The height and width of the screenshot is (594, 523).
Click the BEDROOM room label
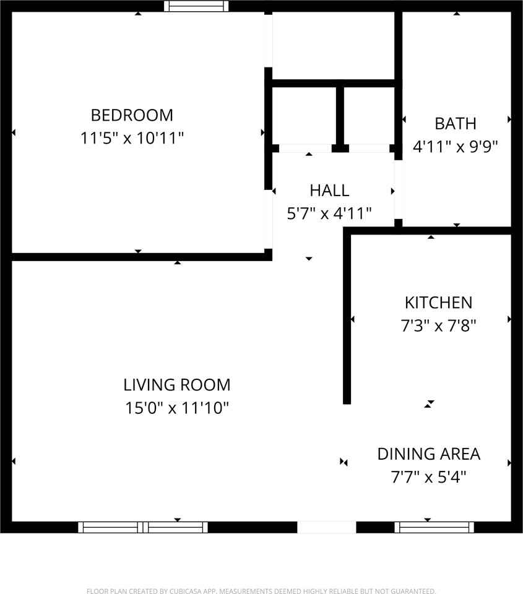click(132, 115)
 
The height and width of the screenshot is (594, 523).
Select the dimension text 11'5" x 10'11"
click(132, 138)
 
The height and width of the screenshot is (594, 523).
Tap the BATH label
click(456, 124)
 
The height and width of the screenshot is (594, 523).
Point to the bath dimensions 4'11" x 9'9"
click(456, 147)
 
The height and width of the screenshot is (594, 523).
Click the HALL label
click(329, 191)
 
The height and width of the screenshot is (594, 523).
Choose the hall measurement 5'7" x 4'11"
click(329, 213)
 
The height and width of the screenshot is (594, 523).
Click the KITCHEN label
click(438, 303)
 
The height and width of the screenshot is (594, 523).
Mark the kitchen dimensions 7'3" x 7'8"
click(438, 325)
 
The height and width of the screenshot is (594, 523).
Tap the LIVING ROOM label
click(177, 385)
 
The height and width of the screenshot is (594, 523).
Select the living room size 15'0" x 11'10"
click(177, 408)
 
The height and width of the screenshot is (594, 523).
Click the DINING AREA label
click(429, 454)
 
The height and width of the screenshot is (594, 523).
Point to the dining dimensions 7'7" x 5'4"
click(429, 477)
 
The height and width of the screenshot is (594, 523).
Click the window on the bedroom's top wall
click(196, 6)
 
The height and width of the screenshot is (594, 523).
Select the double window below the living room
click(143, 527)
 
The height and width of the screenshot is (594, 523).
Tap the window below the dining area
click(434, 527)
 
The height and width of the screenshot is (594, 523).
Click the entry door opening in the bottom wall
click(327, 527)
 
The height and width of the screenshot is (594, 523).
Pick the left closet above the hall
click(304, 116)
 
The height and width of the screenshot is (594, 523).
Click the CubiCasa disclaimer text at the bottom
click(261, 591)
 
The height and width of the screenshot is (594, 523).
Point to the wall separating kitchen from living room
click(347, 316)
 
